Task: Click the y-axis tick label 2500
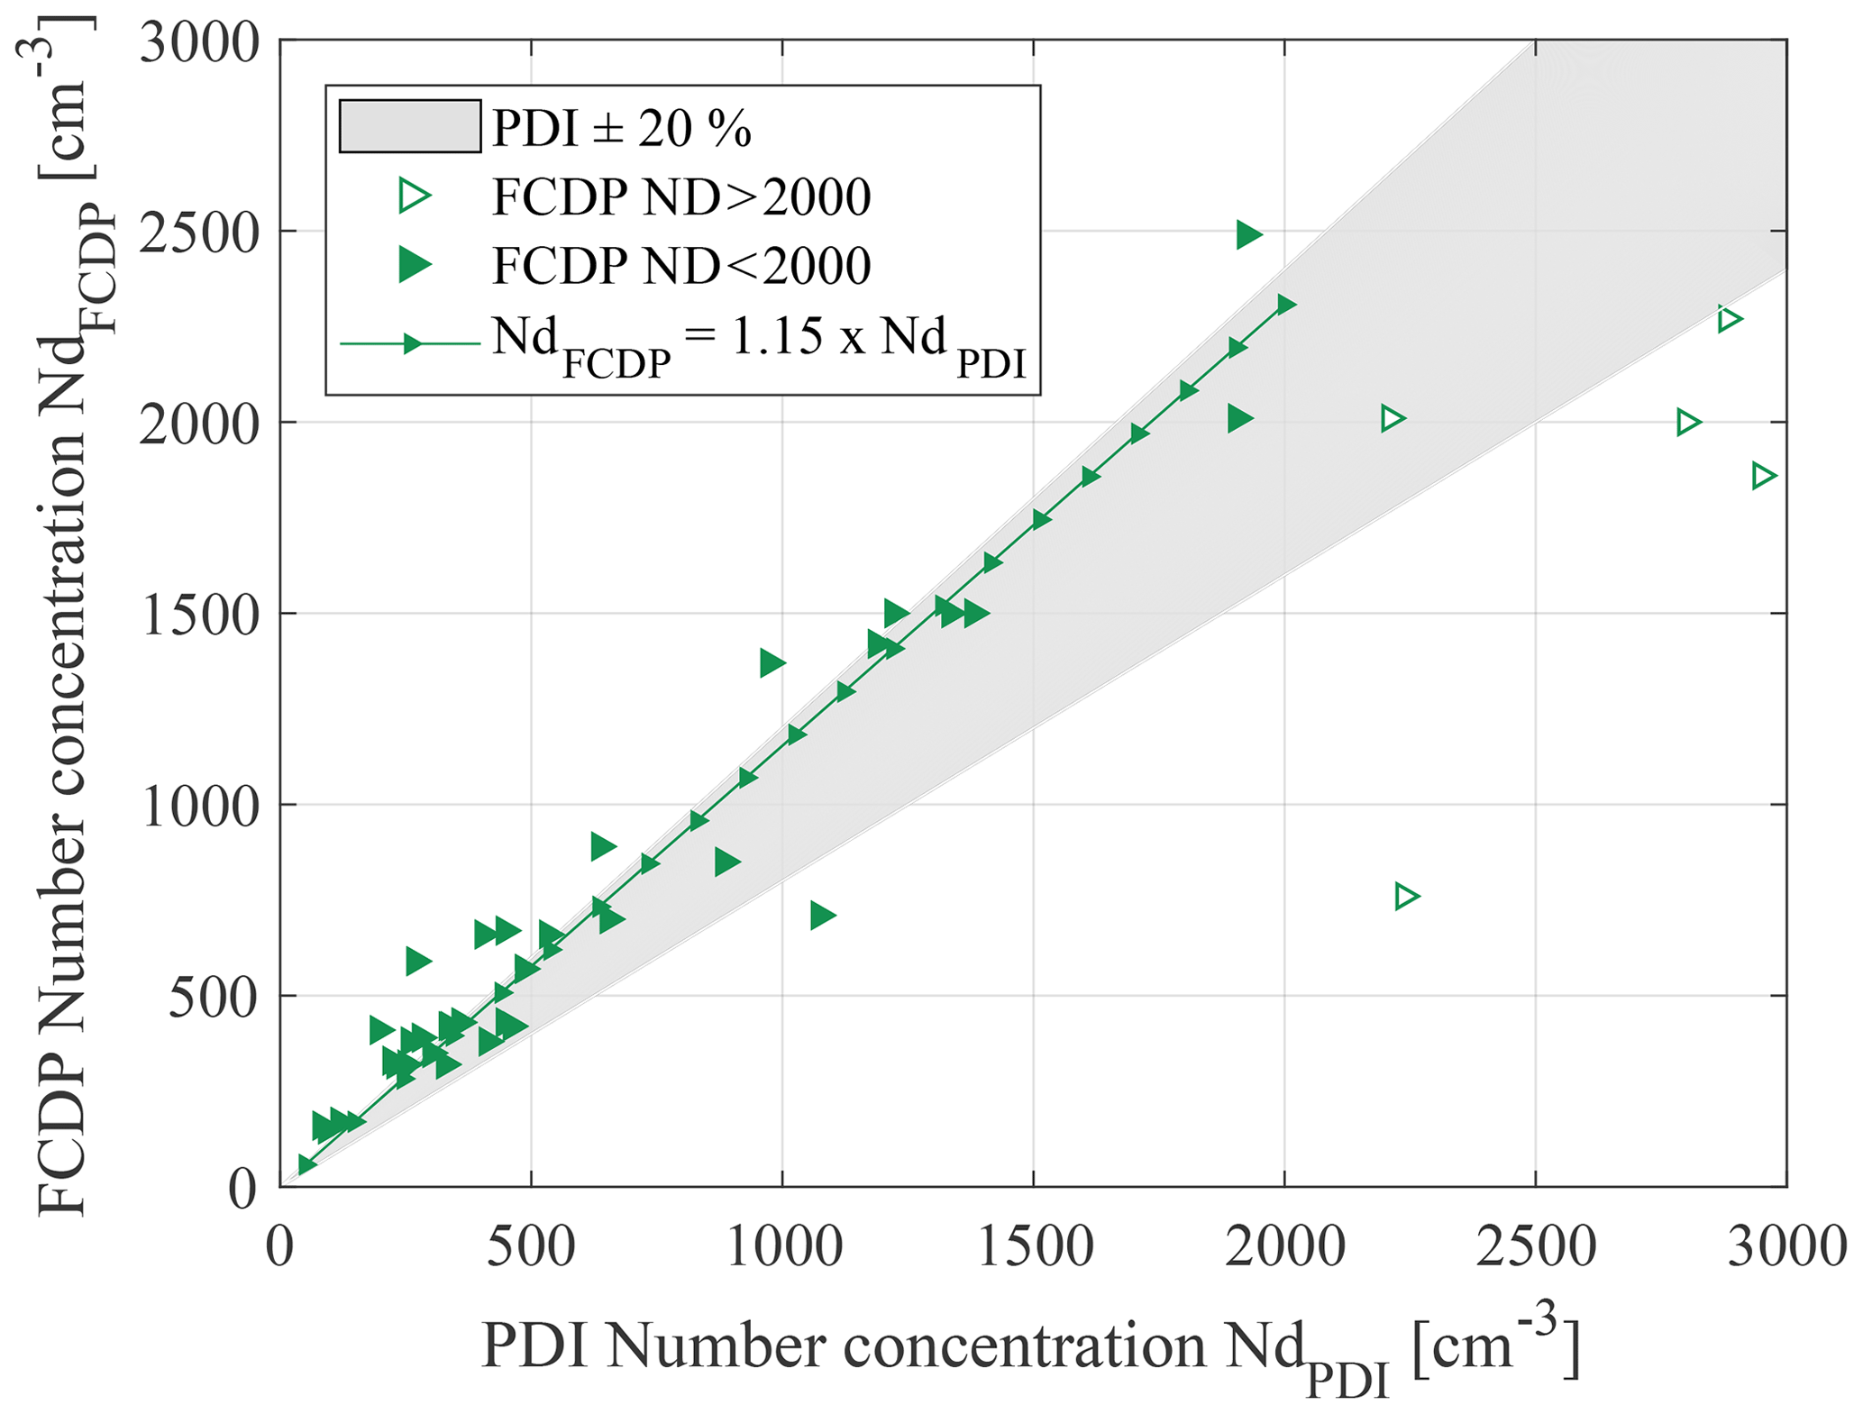[199, 233]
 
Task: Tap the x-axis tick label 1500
[1034, 1248]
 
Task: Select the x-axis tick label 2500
[1535, 1248]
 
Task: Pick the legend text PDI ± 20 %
[621, 129]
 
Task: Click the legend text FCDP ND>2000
[680, 196]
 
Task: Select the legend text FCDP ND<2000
[680, 265]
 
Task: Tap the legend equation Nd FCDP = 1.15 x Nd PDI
[758, 343]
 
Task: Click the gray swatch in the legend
[409, 126]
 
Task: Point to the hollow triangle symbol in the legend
[415, 196]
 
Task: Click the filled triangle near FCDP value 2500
[1248, 235]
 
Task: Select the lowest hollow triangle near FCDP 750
[1406, 897]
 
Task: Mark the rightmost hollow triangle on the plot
[1763, 476]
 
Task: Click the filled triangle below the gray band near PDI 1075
[822, 916]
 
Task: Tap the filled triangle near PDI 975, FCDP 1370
[772, 663]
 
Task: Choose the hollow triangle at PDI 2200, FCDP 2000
[1393, 418]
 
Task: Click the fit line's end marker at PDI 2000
[1286, 305]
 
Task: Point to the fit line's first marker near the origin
[306, 1165]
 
